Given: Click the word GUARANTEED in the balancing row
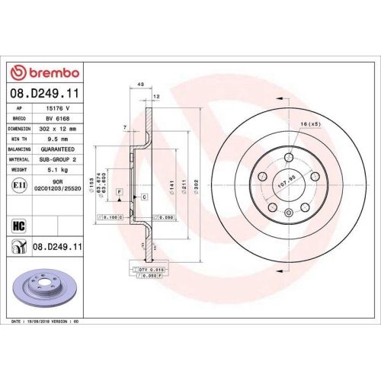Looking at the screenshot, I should [x=59, y=150].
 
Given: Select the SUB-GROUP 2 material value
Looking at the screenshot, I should [x=59, y=160].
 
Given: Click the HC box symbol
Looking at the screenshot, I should [x=18, y=224].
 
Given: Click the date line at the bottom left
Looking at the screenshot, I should [x=47, y=322].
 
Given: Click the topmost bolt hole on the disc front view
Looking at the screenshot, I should [x=290, y=157].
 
